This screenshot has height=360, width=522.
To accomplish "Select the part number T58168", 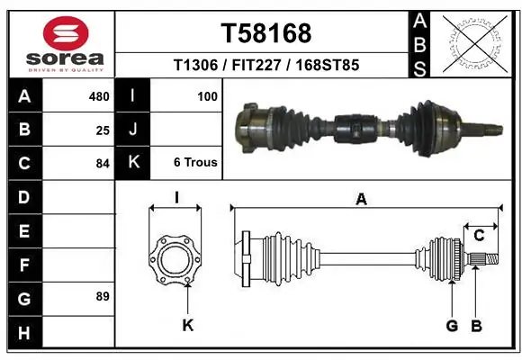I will (266, 33).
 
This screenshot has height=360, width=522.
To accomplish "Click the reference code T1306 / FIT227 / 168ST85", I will (266, 65).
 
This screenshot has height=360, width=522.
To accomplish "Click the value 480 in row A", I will (99, 95).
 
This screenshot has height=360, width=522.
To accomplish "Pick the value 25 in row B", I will (103, 130).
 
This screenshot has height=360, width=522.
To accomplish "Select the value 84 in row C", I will (103, 164).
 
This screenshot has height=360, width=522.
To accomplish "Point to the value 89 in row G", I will (103, 296).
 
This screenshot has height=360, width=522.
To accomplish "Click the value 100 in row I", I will (207, 95).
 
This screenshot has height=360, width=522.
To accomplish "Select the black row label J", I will (133, 130).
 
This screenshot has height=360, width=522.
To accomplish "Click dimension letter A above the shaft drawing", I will (362, 200).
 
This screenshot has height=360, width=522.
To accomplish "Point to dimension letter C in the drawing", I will (479, 236).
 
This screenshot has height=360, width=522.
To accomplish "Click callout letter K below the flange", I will (187, 326).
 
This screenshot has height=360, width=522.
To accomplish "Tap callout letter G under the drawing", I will (452, 326).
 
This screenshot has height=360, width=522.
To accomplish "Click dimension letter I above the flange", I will (176, 196).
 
